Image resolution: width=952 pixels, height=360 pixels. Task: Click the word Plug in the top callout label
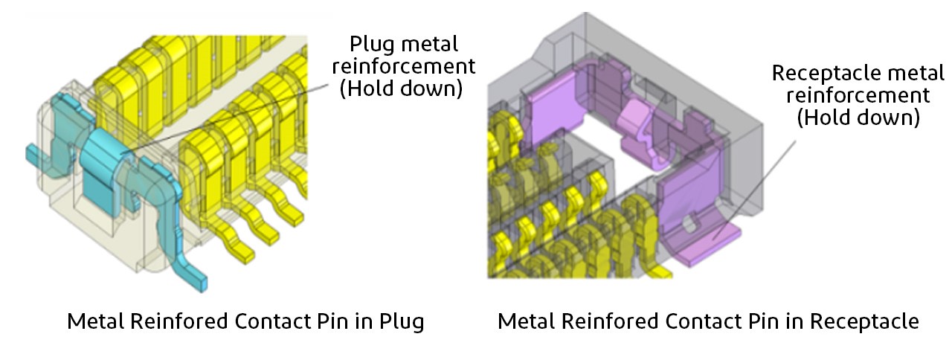pyautogui.click(x=375, y=43)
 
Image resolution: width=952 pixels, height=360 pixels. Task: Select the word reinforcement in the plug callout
pyautogui.click(x=414, y=66)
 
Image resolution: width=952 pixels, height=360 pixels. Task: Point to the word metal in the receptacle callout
pyautogui.click(x=902, y=73)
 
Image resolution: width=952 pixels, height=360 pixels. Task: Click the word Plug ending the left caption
pyautogui.click(x=401, y=322)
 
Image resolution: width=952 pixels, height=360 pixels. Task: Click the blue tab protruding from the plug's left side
pyautogui.click(x=33, y=154)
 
